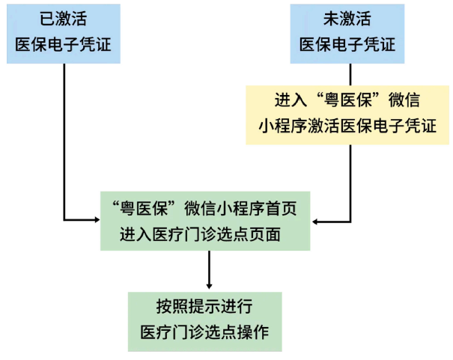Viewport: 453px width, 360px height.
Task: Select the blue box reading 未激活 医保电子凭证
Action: (348, 32)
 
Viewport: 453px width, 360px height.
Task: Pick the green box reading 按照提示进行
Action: (205, 320)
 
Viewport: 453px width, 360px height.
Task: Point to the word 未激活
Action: (348, 19)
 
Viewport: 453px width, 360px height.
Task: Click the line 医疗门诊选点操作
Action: (205, 332)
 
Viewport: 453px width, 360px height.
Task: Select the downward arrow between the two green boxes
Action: (209, 269)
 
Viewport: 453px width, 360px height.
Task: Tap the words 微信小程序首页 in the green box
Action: (243, 208)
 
